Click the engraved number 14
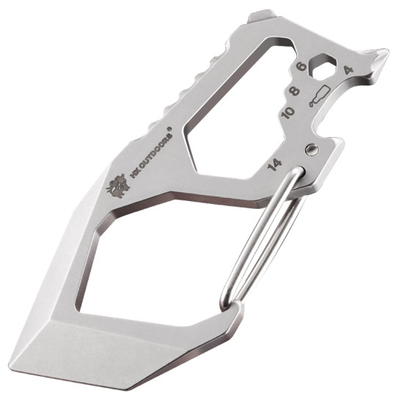coord(276,163)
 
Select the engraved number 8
coord(296,93)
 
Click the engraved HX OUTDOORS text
coord(150,157)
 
